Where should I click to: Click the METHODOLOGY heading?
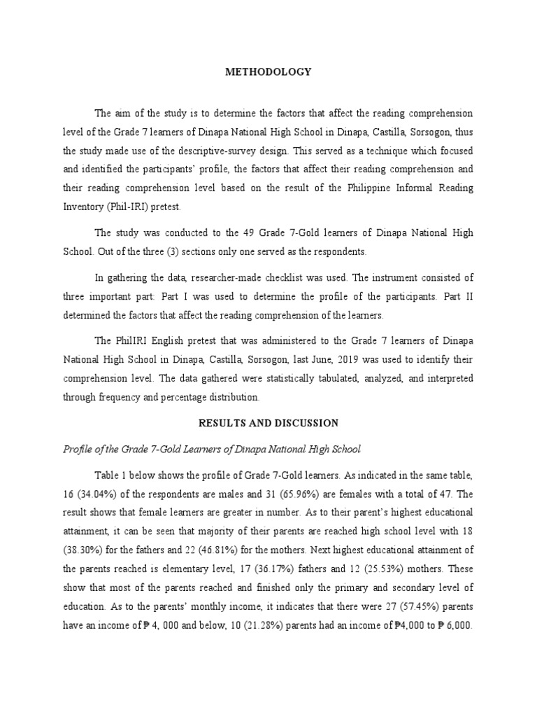pos(268,71)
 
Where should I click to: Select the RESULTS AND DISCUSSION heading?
pos(268,423)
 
